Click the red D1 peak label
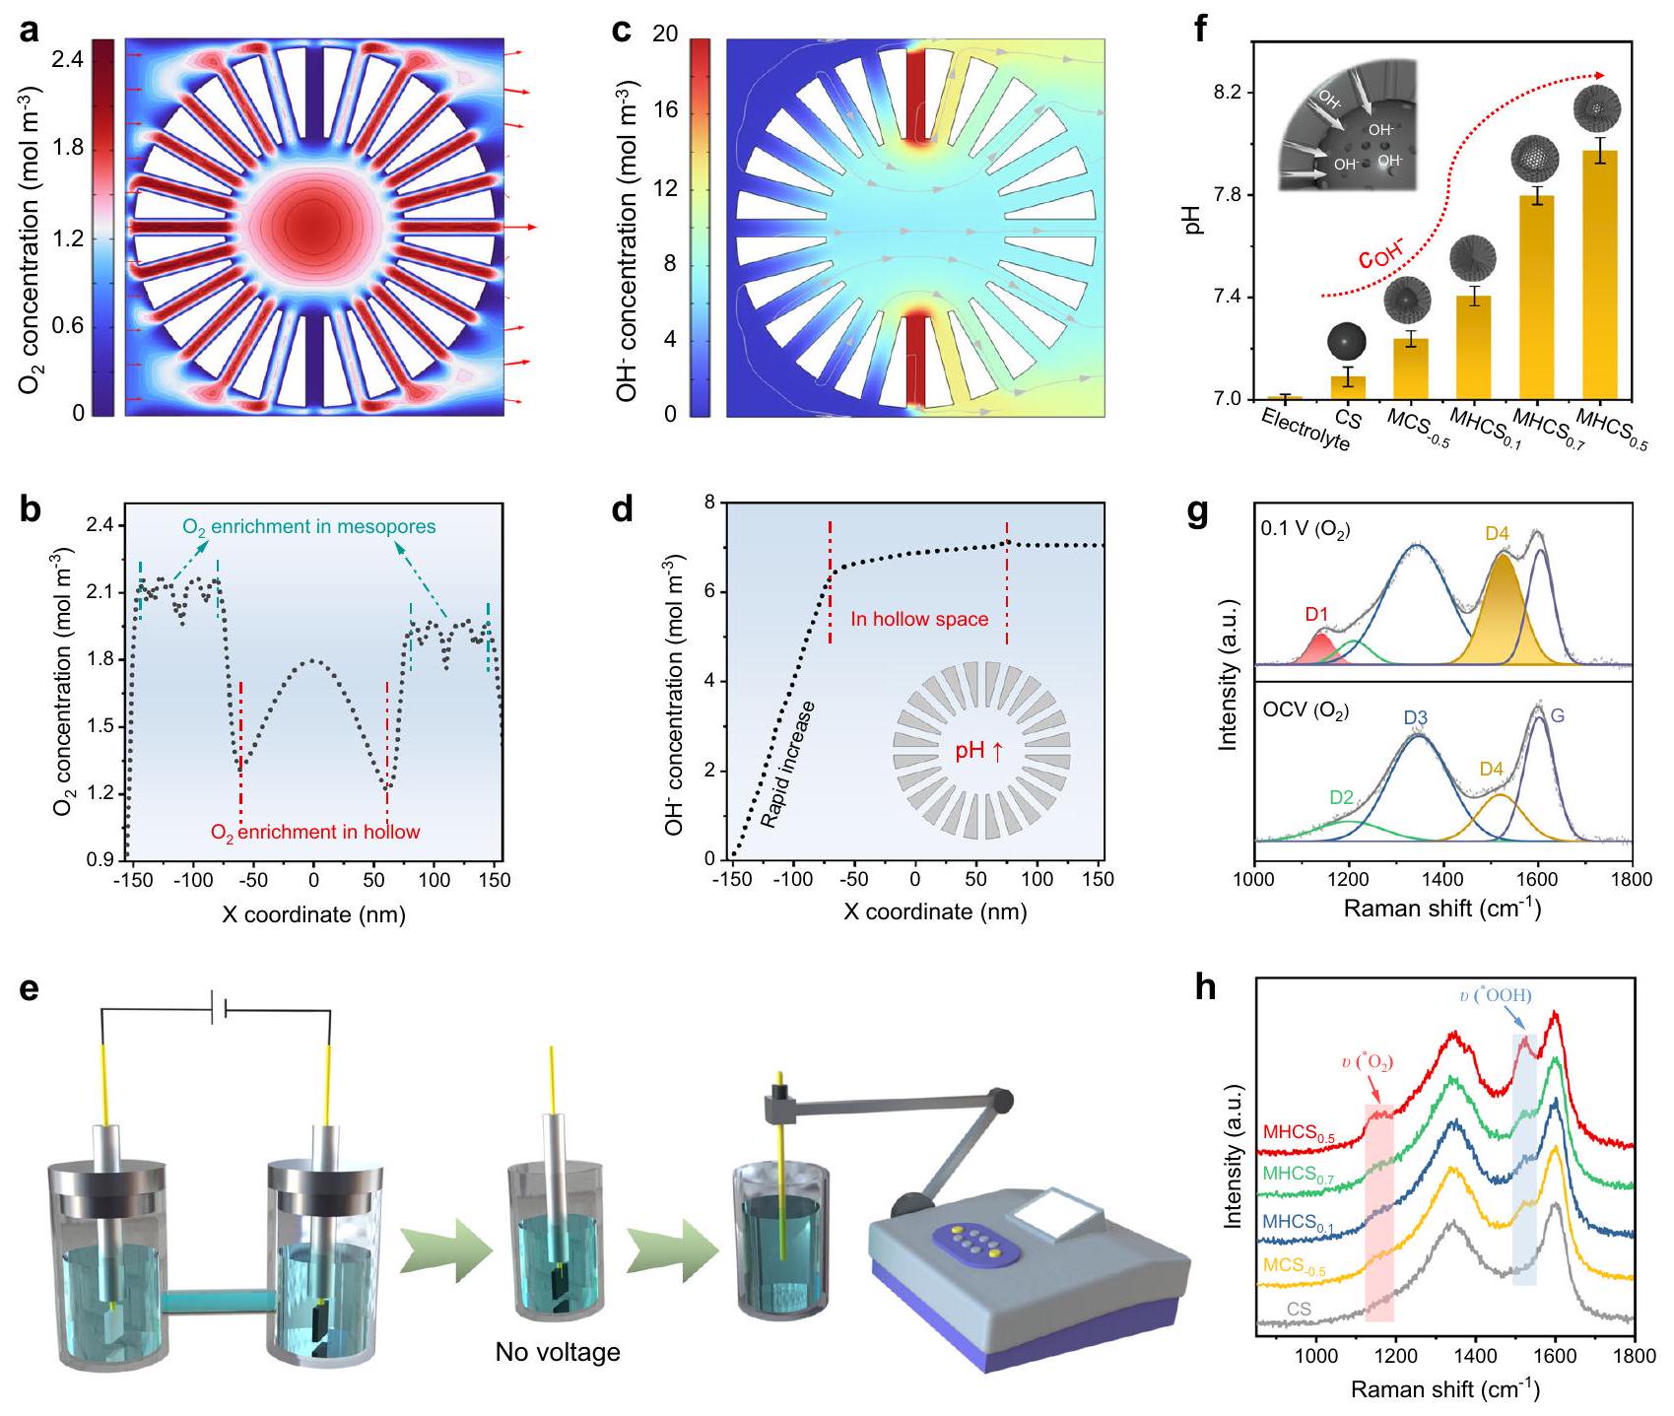(1317, 615)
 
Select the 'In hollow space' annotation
(919, 619)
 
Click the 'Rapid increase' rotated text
(788, 764)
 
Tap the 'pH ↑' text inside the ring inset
(979, 751)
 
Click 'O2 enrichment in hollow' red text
(315, 832)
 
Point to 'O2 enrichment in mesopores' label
(309, 526)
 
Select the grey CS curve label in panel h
(1299, 1309)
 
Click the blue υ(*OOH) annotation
(1496, 995)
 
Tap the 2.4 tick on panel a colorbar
(68, 60)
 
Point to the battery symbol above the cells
(220, 1010)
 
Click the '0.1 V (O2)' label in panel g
(1305, 529)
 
